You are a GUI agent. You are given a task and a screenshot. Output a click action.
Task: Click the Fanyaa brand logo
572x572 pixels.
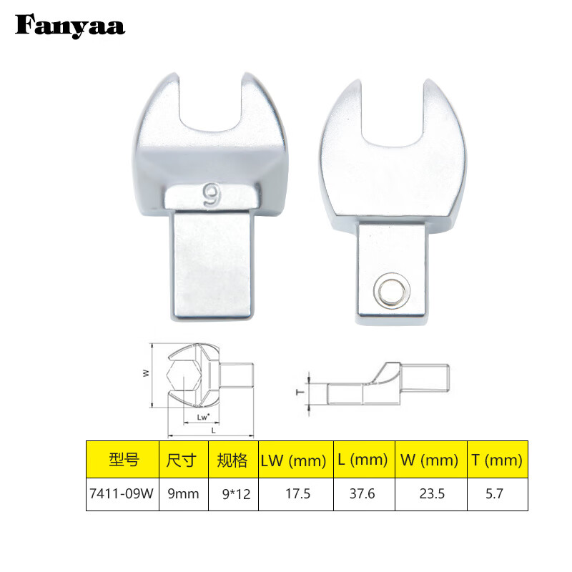click(70, 26)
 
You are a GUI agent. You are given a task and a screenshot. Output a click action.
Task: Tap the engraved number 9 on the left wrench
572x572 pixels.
click(212, 195)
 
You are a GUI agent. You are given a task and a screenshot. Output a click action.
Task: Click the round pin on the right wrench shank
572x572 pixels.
click(391, 290)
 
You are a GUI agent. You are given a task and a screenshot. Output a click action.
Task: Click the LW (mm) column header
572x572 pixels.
click(295, 460)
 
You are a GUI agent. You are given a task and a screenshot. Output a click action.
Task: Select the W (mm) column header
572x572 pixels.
click(428, 460)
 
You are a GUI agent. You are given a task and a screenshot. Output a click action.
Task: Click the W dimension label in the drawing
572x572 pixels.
click(146, 372)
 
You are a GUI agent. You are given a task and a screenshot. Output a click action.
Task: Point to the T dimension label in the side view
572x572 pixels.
click(301, 391)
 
